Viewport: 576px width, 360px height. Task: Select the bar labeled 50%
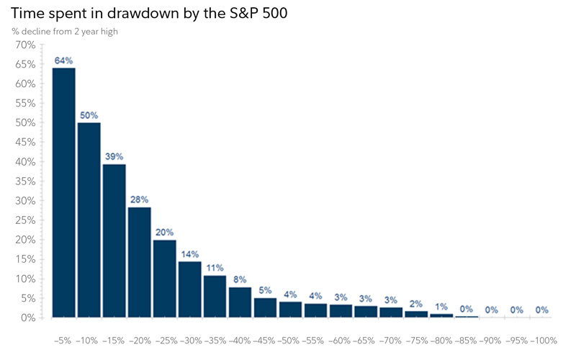[x=89, y=220]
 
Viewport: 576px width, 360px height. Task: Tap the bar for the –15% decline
[x=114, y=240]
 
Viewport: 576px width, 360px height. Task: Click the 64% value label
[x=63, y=61]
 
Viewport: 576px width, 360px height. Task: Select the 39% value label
[x=114, y=156]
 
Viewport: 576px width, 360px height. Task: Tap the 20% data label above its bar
[x=164, y=232]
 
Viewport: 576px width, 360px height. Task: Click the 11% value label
[x=215, y=267]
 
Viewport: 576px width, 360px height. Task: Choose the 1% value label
[x=441, y=306]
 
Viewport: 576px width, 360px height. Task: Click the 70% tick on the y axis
[x=24, y=45]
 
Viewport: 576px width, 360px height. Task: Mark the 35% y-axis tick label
[x=24, y=181]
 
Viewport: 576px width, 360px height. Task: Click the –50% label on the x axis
[x=289, y=339]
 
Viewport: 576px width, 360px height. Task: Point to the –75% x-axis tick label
[x=415, y=339]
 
